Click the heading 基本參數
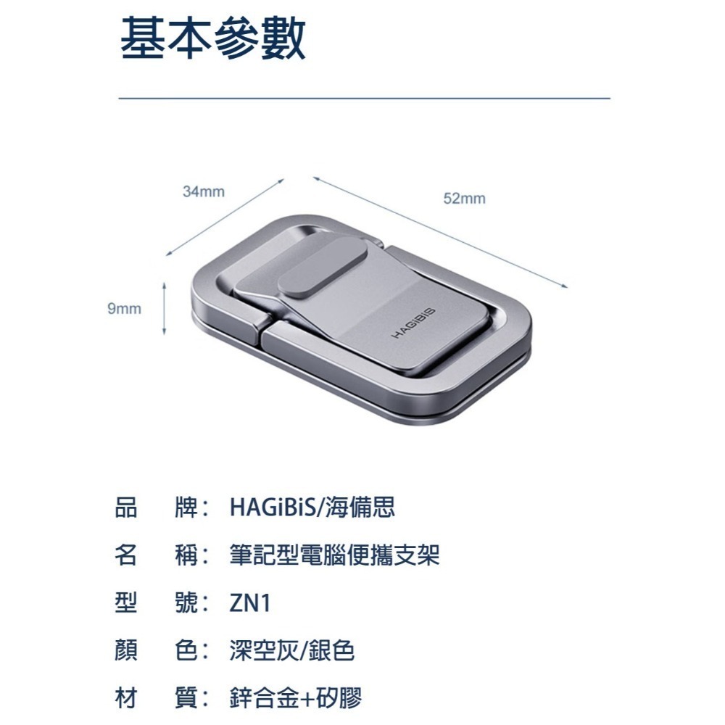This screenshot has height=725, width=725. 212,40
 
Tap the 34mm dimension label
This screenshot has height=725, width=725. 204,192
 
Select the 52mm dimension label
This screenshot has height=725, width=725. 464,199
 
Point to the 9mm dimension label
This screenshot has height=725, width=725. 124,309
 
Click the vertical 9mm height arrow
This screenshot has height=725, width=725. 165,309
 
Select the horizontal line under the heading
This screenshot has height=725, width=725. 364,97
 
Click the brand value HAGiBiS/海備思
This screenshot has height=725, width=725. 312,507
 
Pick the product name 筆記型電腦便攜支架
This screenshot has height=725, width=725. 334,555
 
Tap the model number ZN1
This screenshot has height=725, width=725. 249,603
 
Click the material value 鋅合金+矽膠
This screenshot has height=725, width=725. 294,699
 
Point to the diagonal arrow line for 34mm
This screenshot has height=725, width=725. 225,217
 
